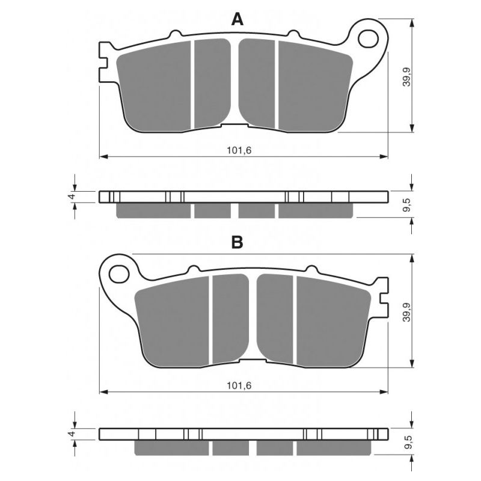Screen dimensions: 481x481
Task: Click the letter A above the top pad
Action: click(x=237, y=20)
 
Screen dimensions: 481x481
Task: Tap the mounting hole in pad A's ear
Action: click(x=368, y=39)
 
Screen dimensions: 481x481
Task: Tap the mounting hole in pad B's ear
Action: click(x=119, y=274)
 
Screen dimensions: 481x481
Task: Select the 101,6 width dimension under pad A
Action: click(x=239, y=150)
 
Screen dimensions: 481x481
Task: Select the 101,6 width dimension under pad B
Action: click(x=239, y=385)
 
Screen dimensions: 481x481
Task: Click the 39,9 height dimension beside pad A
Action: click(x=407, y=76)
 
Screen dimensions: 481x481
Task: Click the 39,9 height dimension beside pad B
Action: click(x=407, y=311)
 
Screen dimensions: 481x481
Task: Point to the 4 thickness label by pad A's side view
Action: click(x=72, y=197)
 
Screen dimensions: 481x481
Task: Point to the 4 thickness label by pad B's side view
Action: click(x=72, y=434)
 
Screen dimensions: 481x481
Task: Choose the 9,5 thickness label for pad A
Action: click(x=407, y=204)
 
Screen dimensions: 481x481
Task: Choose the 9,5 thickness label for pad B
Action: click(x=407, y=442)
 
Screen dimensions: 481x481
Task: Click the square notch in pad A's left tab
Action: click(x=104, y=63)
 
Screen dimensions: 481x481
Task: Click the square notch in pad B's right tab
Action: click(x=384, y=298)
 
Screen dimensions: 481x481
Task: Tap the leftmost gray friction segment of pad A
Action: click(x=154, y=87)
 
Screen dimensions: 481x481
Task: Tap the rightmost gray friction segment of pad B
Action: click(x=334, y=322)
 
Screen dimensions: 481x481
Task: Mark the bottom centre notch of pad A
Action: click(x=234, y=126)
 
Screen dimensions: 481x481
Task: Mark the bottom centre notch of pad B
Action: click(x=253, y=361)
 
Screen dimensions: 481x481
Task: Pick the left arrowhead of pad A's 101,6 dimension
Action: click(x=103, y=157)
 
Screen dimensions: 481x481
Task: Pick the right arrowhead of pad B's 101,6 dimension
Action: click(x=384, y=392)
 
